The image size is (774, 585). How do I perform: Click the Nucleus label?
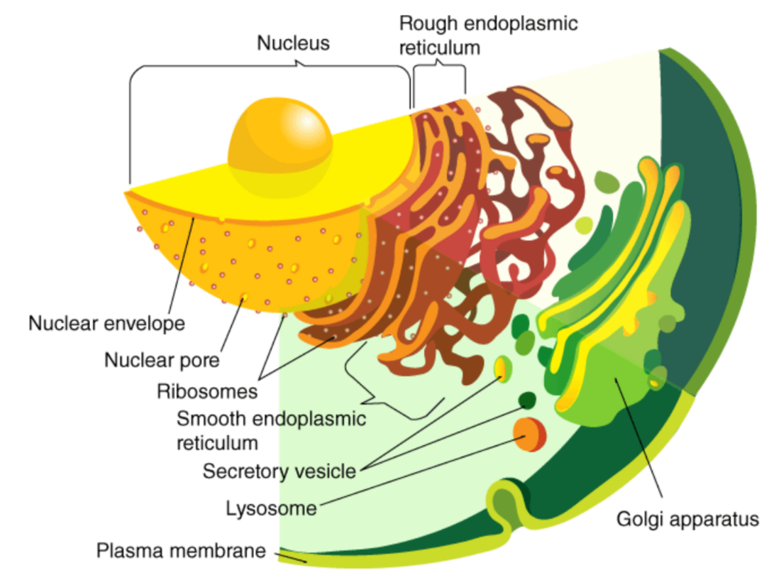pyautogui.click(x=293, y=43)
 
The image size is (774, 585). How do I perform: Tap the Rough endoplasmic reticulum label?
pyautogui.click(x=488, y=35)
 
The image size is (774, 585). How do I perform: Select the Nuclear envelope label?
pyautogui.click(x=106, y=324)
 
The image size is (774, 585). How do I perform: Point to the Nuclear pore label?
pyautogui.click(x=162, y=360)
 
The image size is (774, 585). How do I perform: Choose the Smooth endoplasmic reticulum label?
pyautogui.click(x=271, y=430)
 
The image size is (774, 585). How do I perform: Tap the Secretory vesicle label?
pyautogui.click(x=279, y=471)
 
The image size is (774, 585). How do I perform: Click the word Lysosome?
pyautogui.click(x=271, y=508)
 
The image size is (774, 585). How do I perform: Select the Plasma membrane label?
pyautogui.click(x=181, y=550)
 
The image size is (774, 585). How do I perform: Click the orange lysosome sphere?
pyautogui.click(x=530, y=434)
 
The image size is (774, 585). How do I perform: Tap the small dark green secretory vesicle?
pyautogui.click(x=527, y=400)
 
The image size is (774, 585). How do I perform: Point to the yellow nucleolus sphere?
pyautogui.click(x=280, y=145)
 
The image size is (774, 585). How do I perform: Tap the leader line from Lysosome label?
pyautogui.click(x=419, y=472)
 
